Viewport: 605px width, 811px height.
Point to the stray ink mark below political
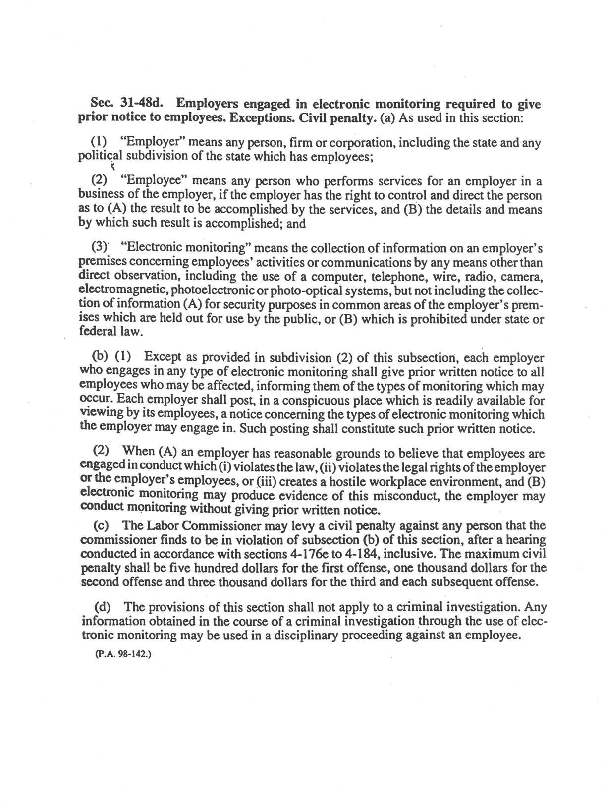click(113, 167)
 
